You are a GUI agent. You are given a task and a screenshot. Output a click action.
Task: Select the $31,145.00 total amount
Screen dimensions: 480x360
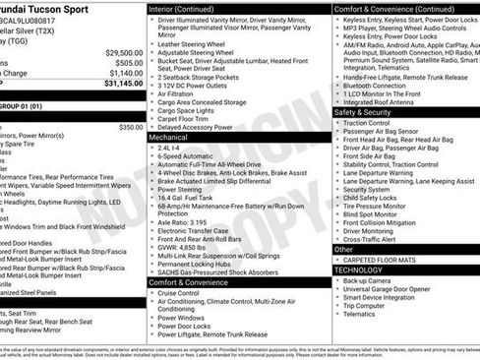click(121, 84)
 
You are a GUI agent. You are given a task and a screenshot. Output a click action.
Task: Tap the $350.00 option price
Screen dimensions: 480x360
click(130, 127)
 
